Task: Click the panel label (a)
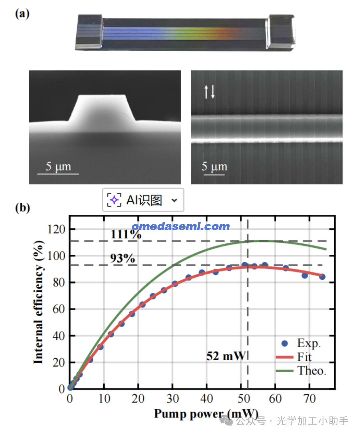pos(22,14)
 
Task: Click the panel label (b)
pos(22,207)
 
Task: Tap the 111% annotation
pos(126,234)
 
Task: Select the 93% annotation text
pos(123,258)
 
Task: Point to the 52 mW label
pos(226,356)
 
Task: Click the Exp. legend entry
pos(308,343)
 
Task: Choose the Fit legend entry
pos(304,357)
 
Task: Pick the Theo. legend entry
pos(311,371)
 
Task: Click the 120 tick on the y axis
pos(56,229)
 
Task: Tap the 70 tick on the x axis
pos(309,398)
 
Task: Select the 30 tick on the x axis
pos(173,398)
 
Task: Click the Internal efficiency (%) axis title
pos(39,302)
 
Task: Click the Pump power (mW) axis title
pos(206,414)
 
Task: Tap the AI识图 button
pos(143,200)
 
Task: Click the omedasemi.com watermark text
pos(181,226)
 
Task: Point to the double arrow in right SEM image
pos(209,91)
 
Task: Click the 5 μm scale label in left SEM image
pos(58,166)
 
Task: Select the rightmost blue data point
pos(322,277)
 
